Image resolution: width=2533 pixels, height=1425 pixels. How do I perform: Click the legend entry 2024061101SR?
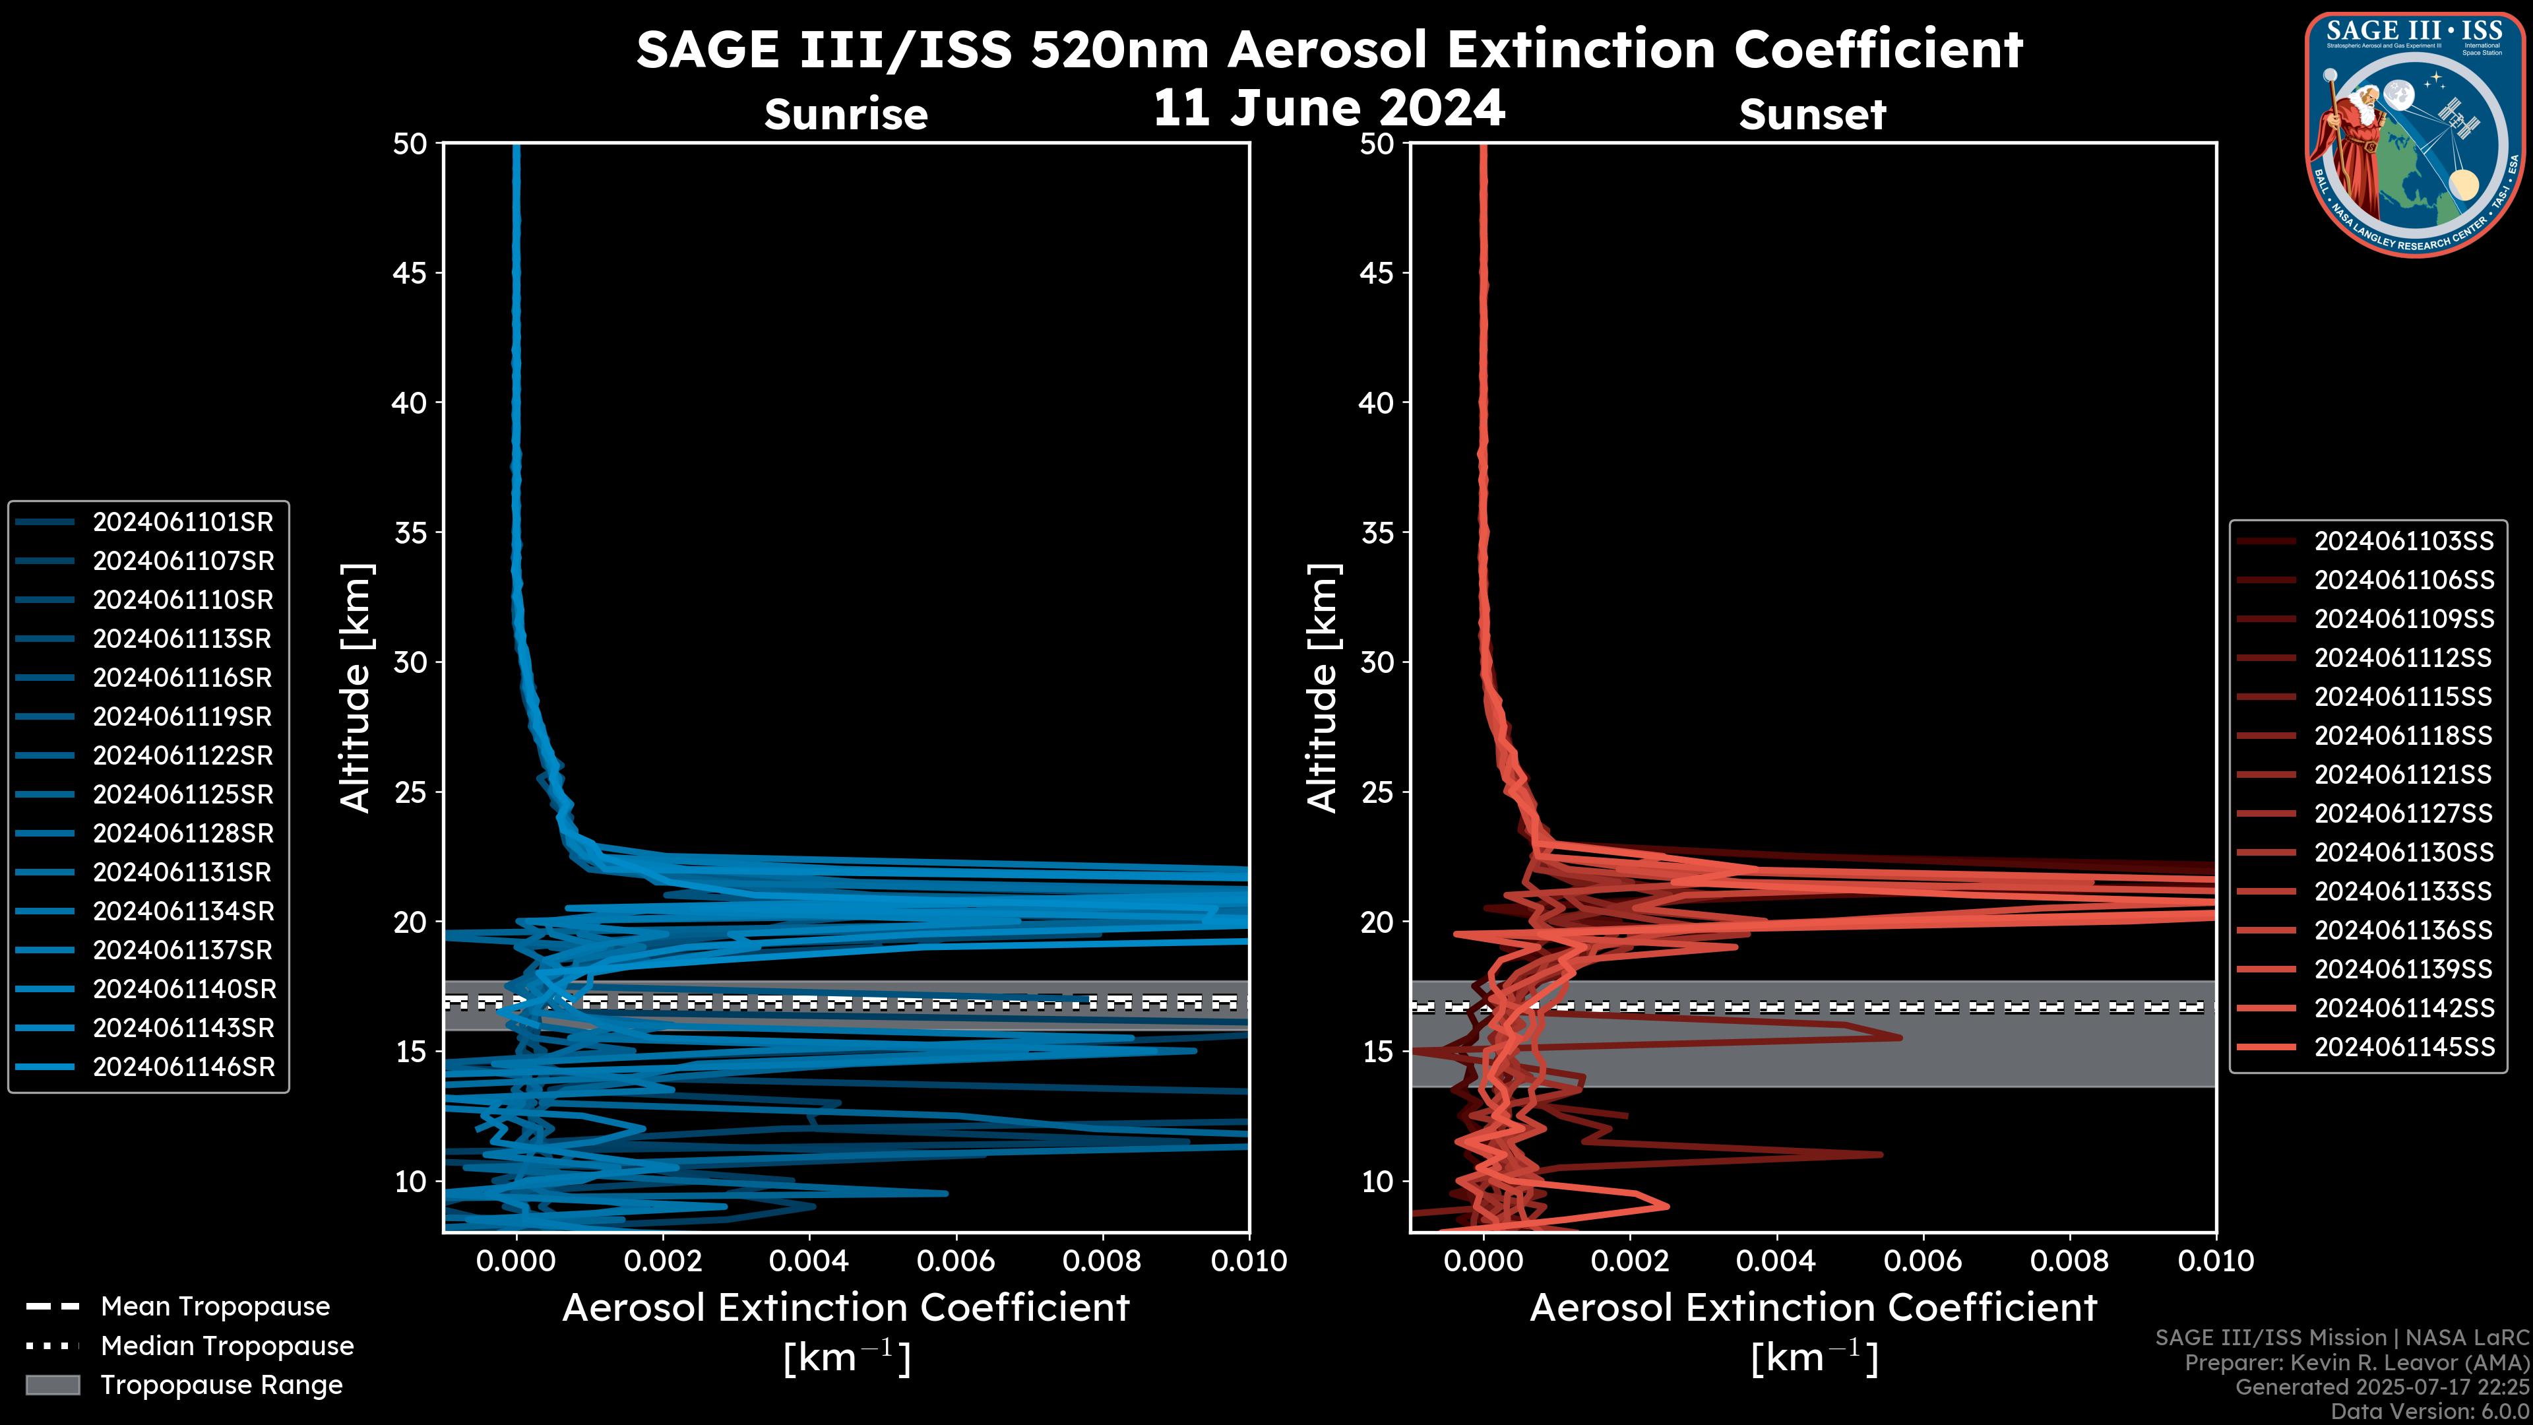pos(183,522)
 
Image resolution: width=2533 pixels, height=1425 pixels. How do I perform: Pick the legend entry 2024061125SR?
pos(183,794)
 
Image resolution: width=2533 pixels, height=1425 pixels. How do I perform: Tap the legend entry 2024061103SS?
pos(2403,542)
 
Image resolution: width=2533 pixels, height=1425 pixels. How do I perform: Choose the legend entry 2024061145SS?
pos(2403,1048)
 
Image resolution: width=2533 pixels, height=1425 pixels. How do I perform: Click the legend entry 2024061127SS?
pos(2403,814)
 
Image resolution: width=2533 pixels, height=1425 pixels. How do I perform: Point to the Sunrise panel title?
pos(846,115)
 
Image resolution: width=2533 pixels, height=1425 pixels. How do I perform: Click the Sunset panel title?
pos(1812,115)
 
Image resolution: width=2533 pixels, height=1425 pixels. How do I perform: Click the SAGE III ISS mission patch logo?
pos(2415,135)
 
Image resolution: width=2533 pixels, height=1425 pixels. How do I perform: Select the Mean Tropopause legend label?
pos(215,1307)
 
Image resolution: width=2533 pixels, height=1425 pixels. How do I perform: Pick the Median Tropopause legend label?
pos(227,1346)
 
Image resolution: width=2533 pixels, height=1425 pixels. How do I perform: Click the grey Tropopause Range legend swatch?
pos(52,1385)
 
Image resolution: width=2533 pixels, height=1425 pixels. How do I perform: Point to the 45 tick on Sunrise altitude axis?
pos(411,273)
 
